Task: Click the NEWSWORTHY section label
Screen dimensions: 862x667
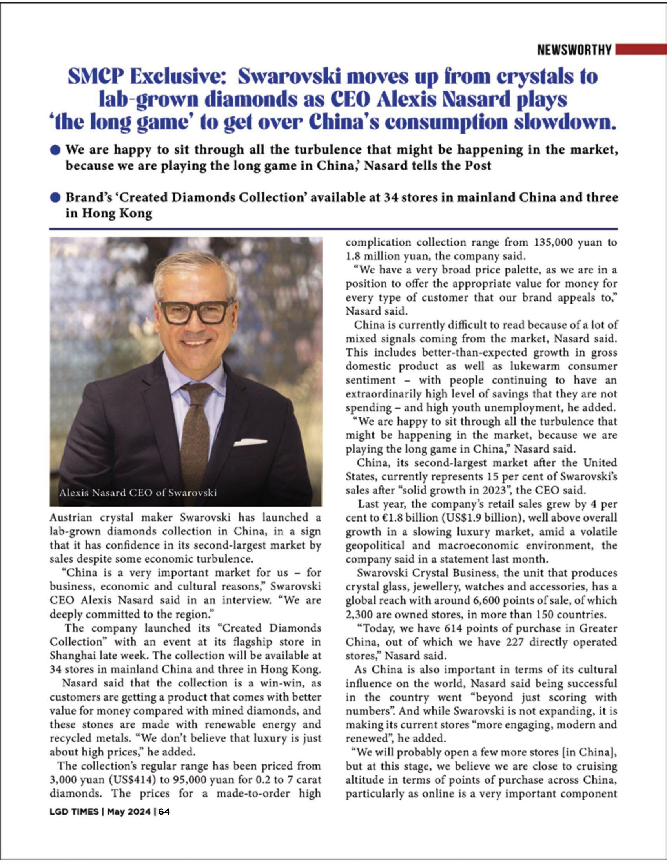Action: coord(574,50)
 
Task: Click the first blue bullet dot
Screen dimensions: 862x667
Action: coord(56,150)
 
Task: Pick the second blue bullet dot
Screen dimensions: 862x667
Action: coord(56,197)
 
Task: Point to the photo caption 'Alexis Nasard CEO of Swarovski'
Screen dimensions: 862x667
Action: coord(138,493)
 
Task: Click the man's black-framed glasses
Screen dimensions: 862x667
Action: coord(196,312)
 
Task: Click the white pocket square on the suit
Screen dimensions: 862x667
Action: coord(250,442)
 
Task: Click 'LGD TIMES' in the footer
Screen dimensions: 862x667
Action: coord(74,812)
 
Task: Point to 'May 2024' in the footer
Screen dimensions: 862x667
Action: coord(129,812)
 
